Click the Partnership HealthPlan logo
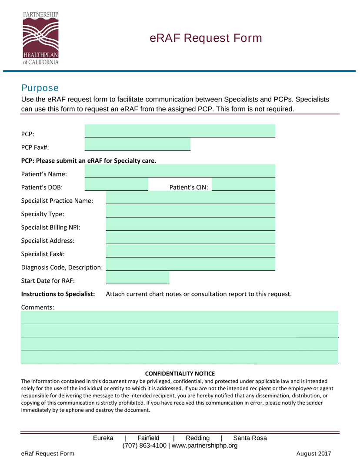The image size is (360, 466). coord(40,38)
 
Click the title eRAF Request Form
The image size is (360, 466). coord(206,38)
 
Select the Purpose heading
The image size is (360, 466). coord(40,88)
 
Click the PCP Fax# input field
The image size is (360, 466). coord(137,144)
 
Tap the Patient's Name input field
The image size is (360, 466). coord(180,171)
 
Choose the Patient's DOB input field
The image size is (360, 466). coord(116,184)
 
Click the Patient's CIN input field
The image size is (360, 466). coord(243,184)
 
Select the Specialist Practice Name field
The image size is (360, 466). coord(190,198)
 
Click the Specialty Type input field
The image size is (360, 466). coord(190,211)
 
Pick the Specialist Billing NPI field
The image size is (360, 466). coord(190,224)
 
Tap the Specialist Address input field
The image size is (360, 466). coord(190,238)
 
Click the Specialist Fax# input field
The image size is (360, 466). coord(190,251)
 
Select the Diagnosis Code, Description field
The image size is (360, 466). coord(190,264)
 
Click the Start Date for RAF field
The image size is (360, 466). coord(137,278)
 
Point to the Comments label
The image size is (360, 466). coord(37,307)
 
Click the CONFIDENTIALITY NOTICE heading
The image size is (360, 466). coord(180,374)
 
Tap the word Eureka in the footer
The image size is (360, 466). coord(103,438)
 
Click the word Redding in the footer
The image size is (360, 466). coord(197,438)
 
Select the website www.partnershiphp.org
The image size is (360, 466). coord(205,446)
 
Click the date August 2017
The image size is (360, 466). coord(313,454)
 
